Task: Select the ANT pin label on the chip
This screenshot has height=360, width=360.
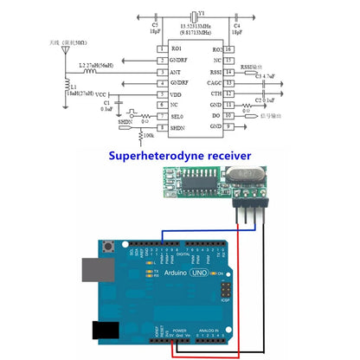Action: pyautogui.click(x=176, y=72)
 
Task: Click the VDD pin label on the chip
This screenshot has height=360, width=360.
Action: pyautogui.click(x=176, y=94)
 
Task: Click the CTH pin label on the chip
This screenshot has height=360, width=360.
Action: pyautogui.click(x=216, y=94)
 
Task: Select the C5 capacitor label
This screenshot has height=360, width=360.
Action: pyautogui.click(x=155, y=25)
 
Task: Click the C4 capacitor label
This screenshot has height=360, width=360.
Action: pyautogui.click(x=237, y=25)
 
